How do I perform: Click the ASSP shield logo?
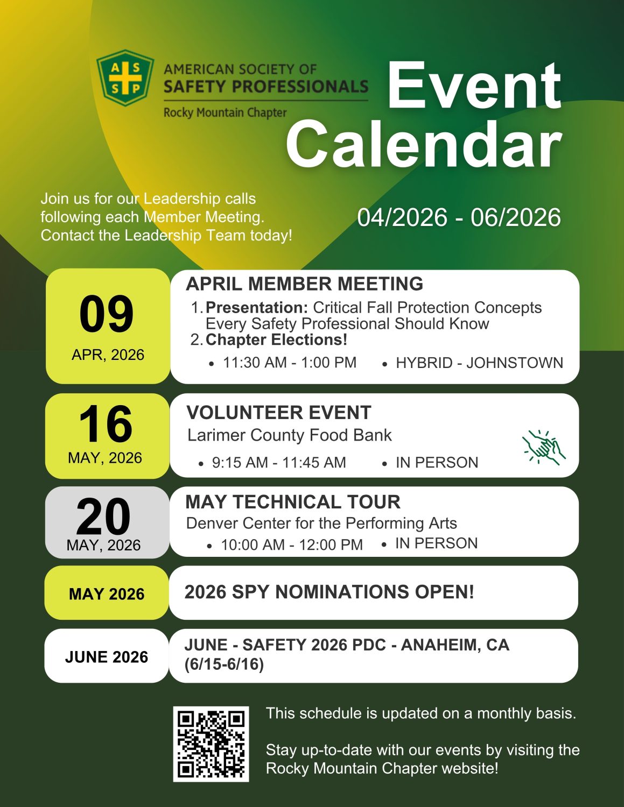coord(125,78)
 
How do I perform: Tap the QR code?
coord(211,744)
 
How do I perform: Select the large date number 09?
coord(107,314)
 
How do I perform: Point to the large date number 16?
coord(106,424)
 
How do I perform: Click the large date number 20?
coord(103,516)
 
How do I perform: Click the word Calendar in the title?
coord(424,144)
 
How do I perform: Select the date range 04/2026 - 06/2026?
coord(459,217)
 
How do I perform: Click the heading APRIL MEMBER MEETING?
coord(305,284)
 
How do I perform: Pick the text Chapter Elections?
coord(276,340)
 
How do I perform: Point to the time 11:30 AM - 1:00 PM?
coord(290,363)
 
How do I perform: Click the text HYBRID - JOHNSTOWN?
coord(479,363)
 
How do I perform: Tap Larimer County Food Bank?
coord(289,435)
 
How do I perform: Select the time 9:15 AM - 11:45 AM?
coord(278,463)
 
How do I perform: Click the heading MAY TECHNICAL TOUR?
coord(293,502)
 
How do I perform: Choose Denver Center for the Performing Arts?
coord(321,523)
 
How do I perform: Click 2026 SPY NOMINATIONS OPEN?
coord(329,592)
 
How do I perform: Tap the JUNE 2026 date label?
coord(107,657)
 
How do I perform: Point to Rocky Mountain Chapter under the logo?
coord(225,113)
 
